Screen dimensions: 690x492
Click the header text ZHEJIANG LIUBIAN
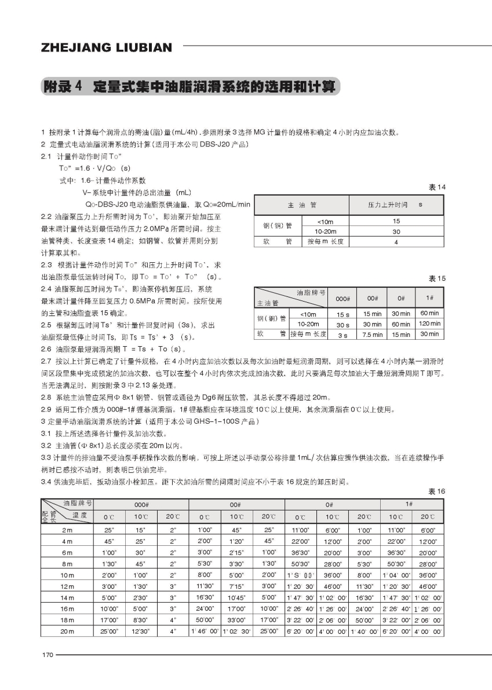[x=107, y=47]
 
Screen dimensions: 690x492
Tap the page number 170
[x=47, y=655]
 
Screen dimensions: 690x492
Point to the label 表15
[x=437, y=278]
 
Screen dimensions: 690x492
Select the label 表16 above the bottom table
[x=437, y=491]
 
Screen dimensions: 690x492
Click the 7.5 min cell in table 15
[x=372, y=335]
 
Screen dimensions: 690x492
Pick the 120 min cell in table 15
[x=429, y=324]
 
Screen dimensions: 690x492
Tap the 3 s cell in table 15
[x=342, y=335]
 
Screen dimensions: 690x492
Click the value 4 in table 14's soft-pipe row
[x=396, y=242]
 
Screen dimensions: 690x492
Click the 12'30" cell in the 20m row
[x=141, y=630]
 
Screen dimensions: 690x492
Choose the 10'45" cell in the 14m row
[x=236, y=597]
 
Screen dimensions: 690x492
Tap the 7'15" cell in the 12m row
[x=236, y=586]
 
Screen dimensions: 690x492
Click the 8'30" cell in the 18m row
[x=141, y=619]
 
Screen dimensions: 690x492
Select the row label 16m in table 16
[x=67, y=608]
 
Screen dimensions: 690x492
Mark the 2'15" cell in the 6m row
[x=236, y=552]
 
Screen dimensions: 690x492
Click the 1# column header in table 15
[x=429, y=298]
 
